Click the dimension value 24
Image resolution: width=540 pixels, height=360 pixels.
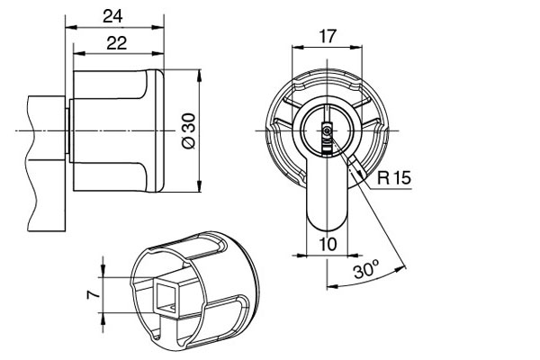coord(113,15)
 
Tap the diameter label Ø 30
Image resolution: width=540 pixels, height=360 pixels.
coord(188,131)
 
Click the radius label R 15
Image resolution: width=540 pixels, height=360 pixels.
coord(394,177)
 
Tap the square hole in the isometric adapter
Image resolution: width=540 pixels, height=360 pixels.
coord(168,296)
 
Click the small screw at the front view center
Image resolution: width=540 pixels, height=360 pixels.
coord(326,131)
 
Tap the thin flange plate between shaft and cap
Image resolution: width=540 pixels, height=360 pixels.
coord(69,131)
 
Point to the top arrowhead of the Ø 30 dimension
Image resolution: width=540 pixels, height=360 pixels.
coord(200,73)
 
